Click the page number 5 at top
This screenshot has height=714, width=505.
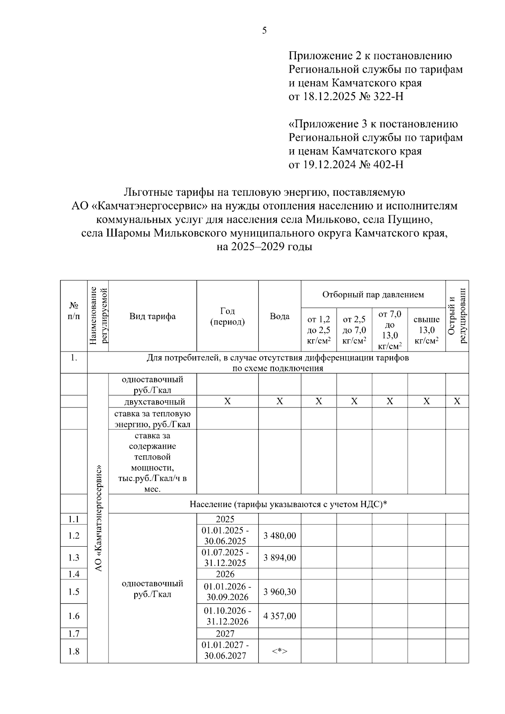click(x=264, y=30)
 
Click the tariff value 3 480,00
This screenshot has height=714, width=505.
click(x=279, y=536)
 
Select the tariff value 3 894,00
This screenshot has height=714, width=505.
click(x=279, y=558)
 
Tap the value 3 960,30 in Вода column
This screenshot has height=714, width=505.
click(x=279, y=592)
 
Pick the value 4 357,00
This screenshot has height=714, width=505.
click(x=279, y=616)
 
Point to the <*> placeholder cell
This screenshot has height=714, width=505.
click(x=279, y=651)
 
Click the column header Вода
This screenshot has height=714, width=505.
click(x=279, y=316)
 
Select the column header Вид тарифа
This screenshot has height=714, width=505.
click(x=152, y=316)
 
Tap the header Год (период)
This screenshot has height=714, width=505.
click(x=227, y=316)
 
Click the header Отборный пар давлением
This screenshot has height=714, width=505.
click(x=373, y=294)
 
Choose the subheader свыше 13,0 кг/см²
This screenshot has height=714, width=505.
click(x=426, y=330)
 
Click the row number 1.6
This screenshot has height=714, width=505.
click(x=74, y=616)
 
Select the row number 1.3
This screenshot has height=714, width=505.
click(x=74, y=558)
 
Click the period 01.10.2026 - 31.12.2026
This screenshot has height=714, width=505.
click(x=227, y=616)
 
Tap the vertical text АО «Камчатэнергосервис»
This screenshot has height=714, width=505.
click(x=98, y=518)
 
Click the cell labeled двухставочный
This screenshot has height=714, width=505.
click(x=152, y=402)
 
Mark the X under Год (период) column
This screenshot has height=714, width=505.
click(x=227, y=402)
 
